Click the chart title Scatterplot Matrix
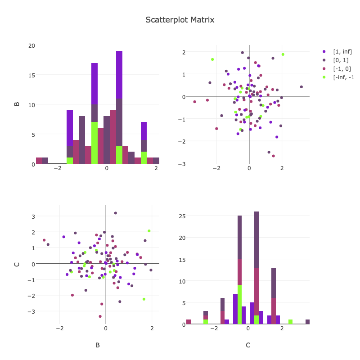click(180, 20)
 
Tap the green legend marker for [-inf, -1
click(324, 77)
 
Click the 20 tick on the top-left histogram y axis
click(31, 45)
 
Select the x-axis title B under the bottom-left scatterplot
click(98, 345)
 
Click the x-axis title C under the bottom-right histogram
click(248, 345)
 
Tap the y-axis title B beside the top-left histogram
click(17, 104)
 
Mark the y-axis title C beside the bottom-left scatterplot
click(17, 264)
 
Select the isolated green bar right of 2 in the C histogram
click(290, 322)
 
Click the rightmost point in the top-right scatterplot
click(301, 87)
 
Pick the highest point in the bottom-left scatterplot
click(115, 213)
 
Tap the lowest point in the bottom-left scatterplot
click(100, 316)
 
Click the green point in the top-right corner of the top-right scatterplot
click(283, 54)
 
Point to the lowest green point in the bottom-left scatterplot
click(144, 299)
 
